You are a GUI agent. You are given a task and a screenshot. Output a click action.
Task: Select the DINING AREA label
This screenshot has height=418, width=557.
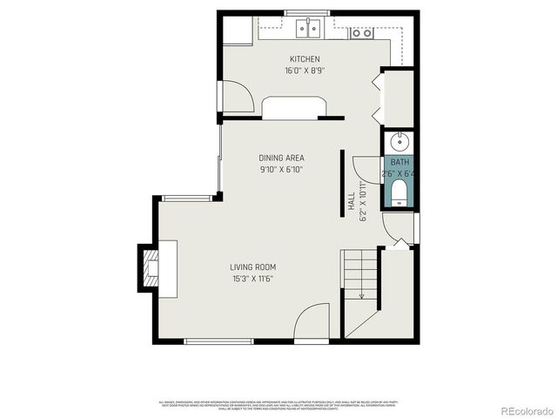click(280, 158)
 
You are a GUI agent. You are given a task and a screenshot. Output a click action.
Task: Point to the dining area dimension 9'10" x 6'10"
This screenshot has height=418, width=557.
click(280, 170)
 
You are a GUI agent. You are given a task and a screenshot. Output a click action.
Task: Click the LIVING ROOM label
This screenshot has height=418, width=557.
click(252, 267)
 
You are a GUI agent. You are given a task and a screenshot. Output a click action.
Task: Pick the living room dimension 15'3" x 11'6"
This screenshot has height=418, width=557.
click(252, 280)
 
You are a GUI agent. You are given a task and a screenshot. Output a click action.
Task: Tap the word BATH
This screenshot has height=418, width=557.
click(399, 163)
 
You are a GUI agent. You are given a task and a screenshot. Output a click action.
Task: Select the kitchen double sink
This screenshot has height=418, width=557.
click(307, 30)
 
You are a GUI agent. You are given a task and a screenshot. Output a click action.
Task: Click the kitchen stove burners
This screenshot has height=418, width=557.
click(361, 33)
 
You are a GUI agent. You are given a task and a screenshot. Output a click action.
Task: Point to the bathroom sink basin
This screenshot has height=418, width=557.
click(399, 141)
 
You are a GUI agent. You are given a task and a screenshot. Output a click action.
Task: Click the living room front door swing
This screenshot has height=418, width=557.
click(311, 327)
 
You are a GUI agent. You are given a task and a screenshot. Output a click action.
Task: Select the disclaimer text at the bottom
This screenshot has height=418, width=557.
click(278, 405)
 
